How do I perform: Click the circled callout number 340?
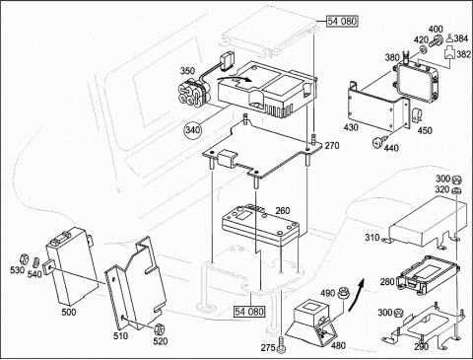click(192, 130)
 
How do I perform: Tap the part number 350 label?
click(187, 71)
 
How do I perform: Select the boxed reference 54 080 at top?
click(342, 22)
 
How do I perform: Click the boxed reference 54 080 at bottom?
click(249, 311)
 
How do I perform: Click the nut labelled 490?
click(343, 292)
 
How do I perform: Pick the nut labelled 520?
click(160, 328)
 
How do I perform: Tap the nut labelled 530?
click(24, 258)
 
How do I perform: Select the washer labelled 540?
click(35, 261)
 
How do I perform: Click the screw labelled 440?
click(378, 142)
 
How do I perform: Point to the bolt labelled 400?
click(436, 41)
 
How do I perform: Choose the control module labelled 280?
click(426, 275)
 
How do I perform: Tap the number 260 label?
click(283, 210)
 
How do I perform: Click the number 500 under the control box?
click(69, 312)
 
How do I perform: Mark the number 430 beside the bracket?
click(351, 127)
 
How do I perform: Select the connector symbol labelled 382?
click(449, 52)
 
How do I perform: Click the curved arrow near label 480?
click(356, 295)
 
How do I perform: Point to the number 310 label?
click(372, 237)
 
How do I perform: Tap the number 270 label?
click(332, 146)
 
